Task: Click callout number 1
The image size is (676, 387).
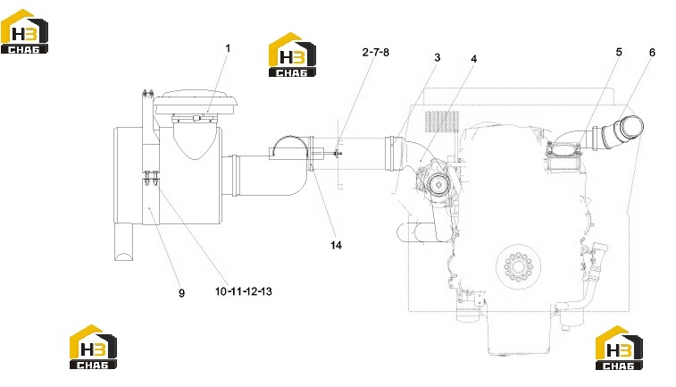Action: pyautogui.click(x=228, y=48)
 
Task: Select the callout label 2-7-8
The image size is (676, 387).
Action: pyautogui.click(x=376, y=52)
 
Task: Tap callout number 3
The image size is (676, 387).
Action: pyautogui.click(x=438, y=57)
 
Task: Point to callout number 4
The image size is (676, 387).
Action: pyautogui.click(x=474, y=59)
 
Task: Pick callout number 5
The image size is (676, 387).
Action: pyautogui.click(x=619, y=52)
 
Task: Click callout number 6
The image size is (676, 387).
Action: pyautogui.click(x=652, y=52)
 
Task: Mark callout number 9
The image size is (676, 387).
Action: pyautogui.click(x=181, y=293)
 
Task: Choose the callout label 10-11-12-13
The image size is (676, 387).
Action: pyautogui.click(x=244, y=291)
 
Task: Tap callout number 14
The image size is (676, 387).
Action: pyautogui.click(x=337, y=245)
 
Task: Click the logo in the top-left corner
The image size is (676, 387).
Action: pyautogui.click(x=24, y=31)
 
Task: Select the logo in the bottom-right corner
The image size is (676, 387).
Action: pyautogui.click(x=619, y=348)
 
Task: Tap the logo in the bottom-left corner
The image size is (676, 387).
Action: pyautogui.click(x=93, y=347)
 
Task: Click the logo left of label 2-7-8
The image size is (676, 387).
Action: pyautogui.click(x=292, y=55)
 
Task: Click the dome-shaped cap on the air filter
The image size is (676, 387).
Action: pyautogui.click(x=196, y=102)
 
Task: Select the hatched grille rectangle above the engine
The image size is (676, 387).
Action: pyautogui.click(x=442, y=122)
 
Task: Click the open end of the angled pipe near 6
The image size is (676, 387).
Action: pyautogui.click(x=632, y=126)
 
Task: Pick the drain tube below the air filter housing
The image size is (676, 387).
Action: pyautogui.click(x=124, y=241)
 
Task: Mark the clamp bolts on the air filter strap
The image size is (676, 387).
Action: pyautogui.click(x=151, y=178)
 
